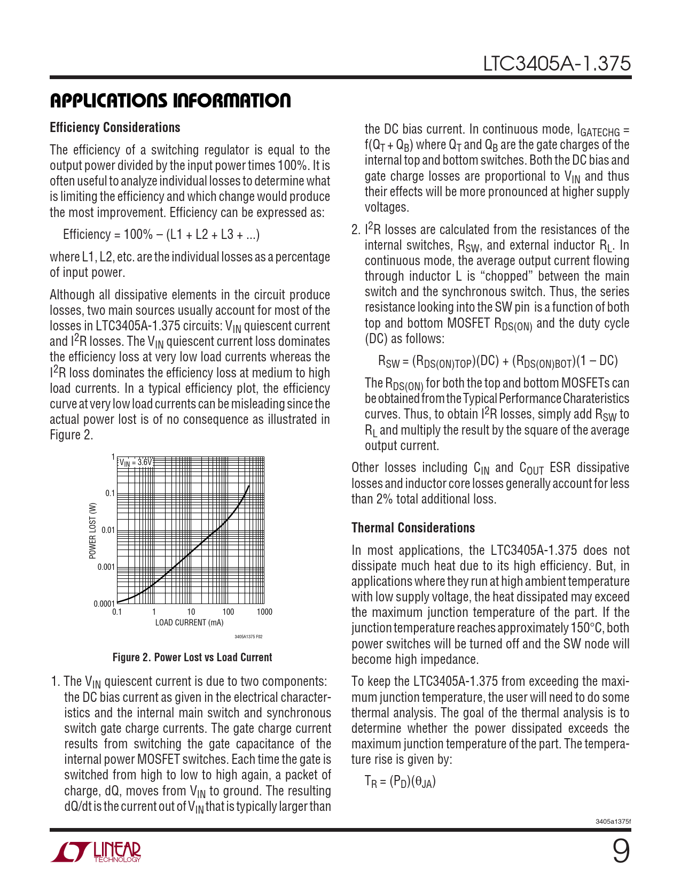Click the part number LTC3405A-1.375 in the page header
pos(557,64)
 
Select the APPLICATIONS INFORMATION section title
pos(170,100)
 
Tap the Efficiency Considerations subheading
pos(115,128)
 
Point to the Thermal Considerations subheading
pos(413,528)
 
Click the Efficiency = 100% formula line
pos(161,235)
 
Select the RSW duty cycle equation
pos(498,361)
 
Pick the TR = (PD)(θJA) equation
pos(400,782)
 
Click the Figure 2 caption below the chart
pos(192,657)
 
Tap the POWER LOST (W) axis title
pos(93,530)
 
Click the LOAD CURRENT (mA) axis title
pos(189,623)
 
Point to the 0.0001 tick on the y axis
pos(104,604)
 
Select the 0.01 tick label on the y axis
pos(108,530)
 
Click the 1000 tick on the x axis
pos(264,612)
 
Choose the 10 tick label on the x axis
pos(191,612)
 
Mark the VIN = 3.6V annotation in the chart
pos(136,462)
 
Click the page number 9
pos(621,852)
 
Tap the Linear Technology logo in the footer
pos(96,852)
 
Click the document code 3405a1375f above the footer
pos(613,822)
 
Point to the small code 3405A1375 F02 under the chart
pos(248,637)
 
